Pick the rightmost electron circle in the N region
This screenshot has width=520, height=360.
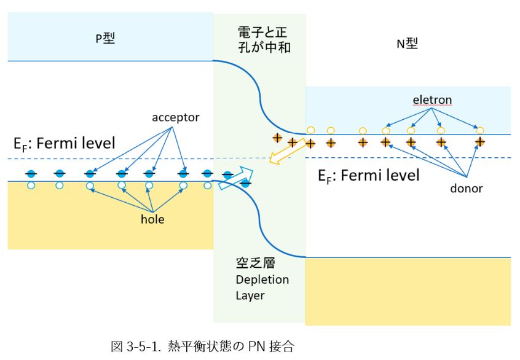tap(480, 130)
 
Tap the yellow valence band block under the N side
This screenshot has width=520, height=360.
tap(408, 291)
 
